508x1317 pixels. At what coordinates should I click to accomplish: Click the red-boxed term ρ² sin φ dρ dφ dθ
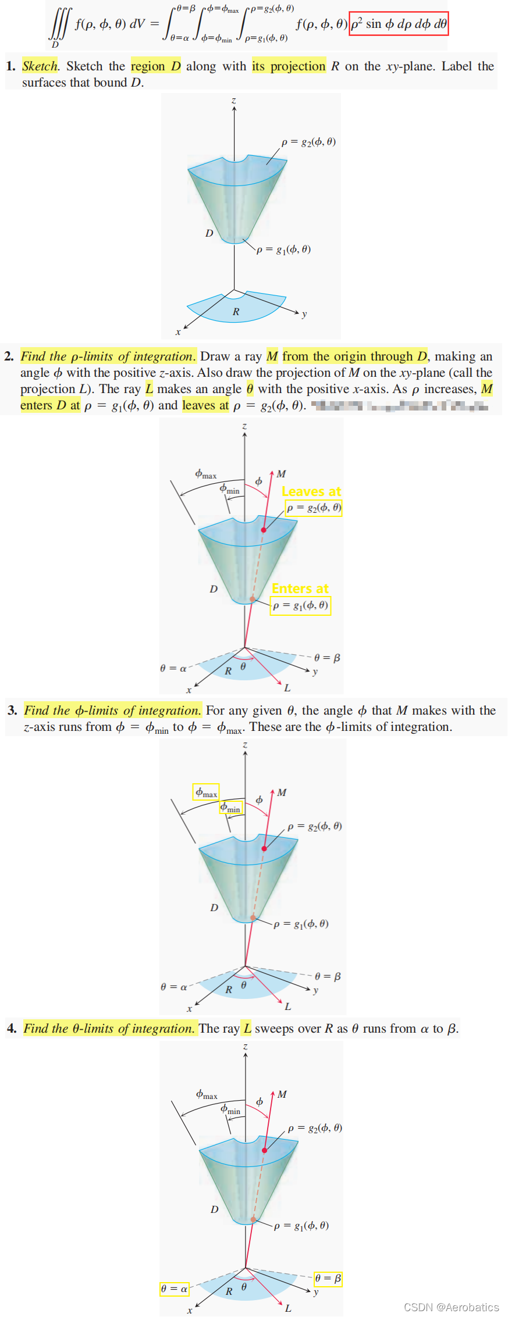pyautogui.click(x=399, y=24)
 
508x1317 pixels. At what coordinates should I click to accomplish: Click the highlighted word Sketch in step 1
pyautogui.click(x=40, y=66)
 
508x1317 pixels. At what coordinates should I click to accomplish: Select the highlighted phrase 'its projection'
pyautogui.click(x=289, y=66)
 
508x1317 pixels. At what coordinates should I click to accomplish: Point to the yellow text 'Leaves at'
pyautogui.click(x=311, y=491)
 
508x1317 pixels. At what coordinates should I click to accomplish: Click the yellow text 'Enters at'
pyautogui.click(x=300, y=588)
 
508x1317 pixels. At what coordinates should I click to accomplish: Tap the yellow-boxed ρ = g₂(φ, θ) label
pyautogui.click(x=314, y=508)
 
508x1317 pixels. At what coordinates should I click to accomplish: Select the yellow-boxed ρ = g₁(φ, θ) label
pyautogui.click(x=300, y=606)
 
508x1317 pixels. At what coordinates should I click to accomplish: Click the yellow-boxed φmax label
pyautogui.click(x=206, y=792)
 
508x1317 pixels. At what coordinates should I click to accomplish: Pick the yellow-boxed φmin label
pyautogui.click(x=230, y=808)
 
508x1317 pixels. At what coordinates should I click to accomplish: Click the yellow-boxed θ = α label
pyautogui.click(x=175, y=1289)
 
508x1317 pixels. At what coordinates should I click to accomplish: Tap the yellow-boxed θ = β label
pyautogui.click(x=328, y=1279)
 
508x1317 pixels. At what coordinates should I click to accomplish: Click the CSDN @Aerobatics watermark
pyautogui.click(x=451, y=1307)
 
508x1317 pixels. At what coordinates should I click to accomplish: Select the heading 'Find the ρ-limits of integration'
pyautogui.click(x=108, y=356)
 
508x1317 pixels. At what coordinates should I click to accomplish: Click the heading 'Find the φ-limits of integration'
pyautogui.click(x=112, y=711)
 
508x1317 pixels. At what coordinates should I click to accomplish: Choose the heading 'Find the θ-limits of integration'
pyautogui.click(x=109, y=1029)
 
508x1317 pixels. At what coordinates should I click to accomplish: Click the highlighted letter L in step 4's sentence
pyautogui.click(x=247, y=1029)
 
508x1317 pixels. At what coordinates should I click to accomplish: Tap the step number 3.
pyautogui.click(x=12, y=711)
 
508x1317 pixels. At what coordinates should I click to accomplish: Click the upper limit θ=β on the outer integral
pyautogui.click(x=186, y=9)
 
